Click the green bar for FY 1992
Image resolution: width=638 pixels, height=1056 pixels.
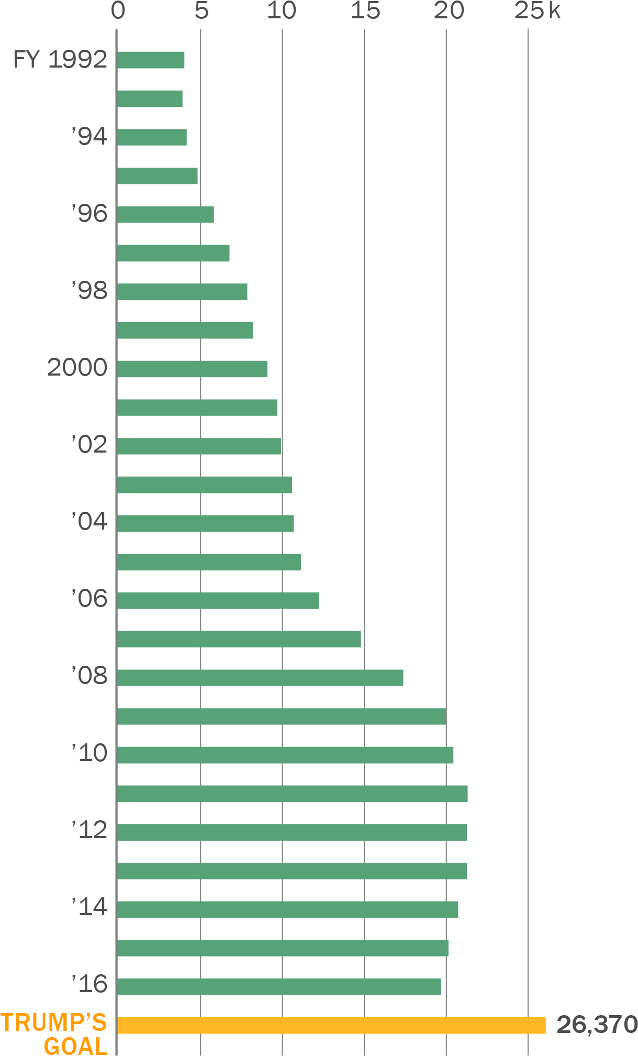click(151, 60)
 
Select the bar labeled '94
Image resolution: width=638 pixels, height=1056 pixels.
click(152, 137)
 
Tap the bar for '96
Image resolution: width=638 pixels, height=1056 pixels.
click(165, 215)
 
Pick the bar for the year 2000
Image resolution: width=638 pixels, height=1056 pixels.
click(192, 369)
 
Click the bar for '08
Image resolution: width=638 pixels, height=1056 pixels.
click(260, 678)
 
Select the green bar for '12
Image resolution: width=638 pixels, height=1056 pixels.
click(292, 832)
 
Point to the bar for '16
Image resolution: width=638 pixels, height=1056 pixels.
click(279, 987)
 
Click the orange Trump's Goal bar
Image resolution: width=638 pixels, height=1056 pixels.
click(331, 1026)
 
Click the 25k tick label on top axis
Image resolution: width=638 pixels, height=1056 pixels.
click(537, 11)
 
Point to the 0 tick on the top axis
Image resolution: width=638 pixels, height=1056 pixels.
click(118, 11)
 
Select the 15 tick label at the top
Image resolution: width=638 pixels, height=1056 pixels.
click(365, 11)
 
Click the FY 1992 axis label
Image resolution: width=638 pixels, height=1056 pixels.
click(60, 60)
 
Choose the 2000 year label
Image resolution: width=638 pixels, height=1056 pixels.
click(77, 368)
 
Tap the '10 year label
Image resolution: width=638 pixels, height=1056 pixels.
click(89, 753)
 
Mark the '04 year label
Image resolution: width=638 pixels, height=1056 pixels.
click(89, 522)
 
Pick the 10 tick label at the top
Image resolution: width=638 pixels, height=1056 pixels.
click(282, 11)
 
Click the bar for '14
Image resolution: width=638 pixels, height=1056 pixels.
click(287, 910)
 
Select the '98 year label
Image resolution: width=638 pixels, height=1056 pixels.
click(89, 291)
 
